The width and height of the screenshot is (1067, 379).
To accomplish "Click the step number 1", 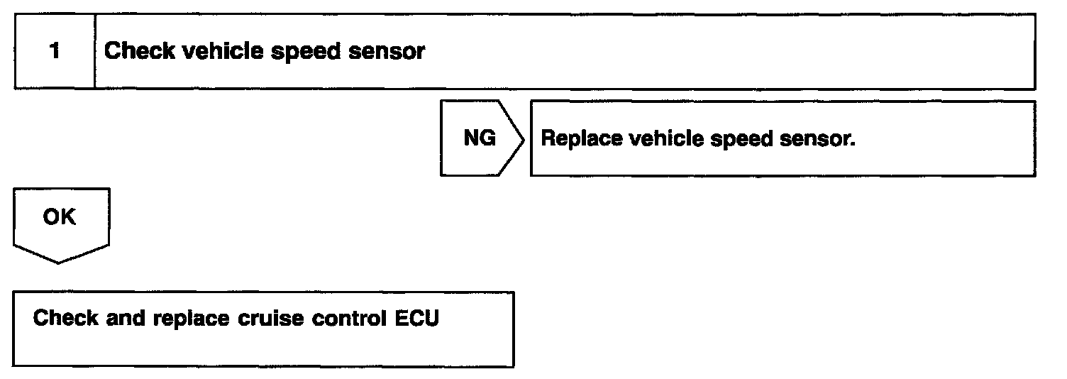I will (x=55, y=52).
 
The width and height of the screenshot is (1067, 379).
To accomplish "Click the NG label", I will (x=480, y=138).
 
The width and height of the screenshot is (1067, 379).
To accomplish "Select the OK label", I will (x=59, y=217).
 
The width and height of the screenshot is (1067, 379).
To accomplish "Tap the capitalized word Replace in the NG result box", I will (x=581, y=139).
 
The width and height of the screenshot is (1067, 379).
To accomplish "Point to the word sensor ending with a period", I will (x=818, y=139).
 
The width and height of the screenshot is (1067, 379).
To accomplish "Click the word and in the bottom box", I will (x=126, y=318).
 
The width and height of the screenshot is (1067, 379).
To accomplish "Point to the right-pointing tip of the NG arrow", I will (x=524, y=138).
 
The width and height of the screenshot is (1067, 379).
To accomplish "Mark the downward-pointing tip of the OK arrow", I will (x=59, y=263).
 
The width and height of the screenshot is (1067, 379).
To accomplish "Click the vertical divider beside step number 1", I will (x=95, y=52).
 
